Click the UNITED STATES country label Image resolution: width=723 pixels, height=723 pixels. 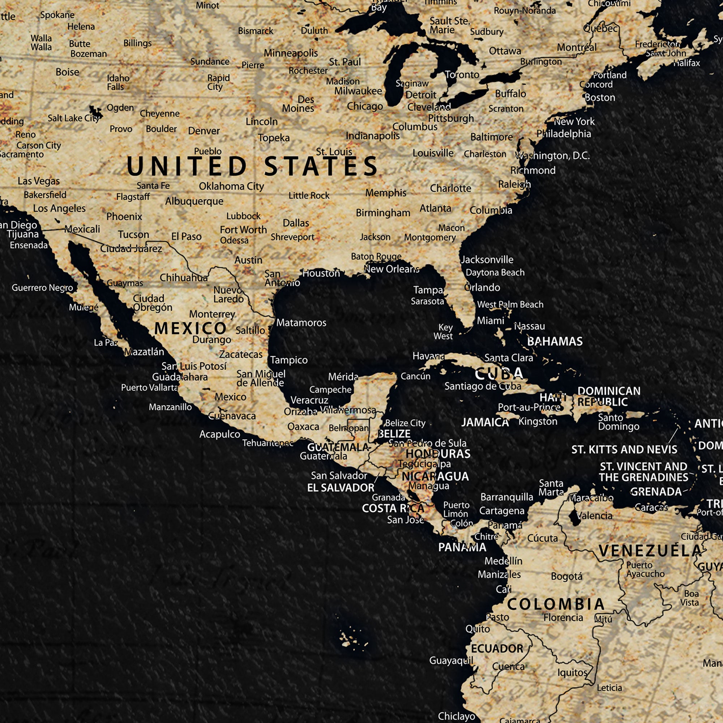(252, 166)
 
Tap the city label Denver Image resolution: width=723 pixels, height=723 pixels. (204, 131)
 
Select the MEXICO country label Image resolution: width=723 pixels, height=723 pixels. (190, 329)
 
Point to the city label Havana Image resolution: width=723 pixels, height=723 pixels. (428, 356)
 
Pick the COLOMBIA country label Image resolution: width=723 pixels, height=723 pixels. (556, 604)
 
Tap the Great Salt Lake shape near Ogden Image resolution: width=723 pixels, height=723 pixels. (96, 111)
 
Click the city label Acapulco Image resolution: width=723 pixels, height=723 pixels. (220, 434)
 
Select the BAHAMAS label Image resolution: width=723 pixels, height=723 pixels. (555, 341)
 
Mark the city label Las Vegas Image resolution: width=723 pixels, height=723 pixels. (39, 181)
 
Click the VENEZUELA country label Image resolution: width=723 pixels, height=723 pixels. (650, 551)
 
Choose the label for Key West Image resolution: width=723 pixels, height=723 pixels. (443, 332)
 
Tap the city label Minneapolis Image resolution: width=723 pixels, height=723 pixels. (290, 53)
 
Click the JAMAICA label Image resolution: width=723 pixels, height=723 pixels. (485, 423)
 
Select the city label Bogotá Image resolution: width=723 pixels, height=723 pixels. (566, 576)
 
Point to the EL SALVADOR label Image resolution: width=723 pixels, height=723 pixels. (341, 488)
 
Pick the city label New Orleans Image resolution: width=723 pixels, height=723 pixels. (392, 269)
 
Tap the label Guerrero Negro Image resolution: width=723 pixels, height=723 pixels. (42, 288)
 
